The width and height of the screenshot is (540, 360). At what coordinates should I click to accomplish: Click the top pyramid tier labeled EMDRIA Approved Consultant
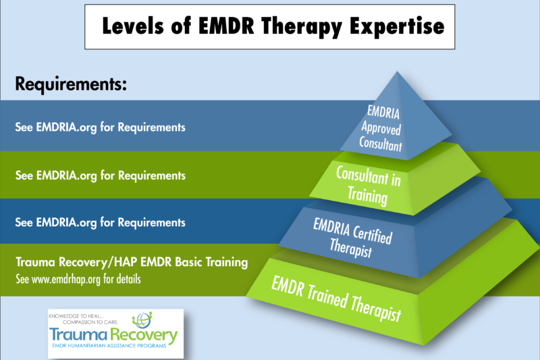(381, 125)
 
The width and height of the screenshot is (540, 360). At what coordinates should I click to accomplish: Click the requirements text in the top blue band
(100, 127)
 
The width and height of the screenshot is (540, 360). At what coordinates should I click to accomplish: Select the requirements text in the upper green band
(100, 175)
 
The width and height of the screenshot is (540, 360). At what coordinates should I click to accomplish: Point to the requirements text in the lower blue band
(100, 222)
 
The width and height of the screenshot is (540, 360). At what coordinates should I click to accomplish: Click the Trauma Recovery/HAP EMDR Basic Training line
(132, 262)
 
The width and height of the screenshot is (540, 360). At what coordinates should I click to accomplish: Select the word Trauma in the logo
(82, 335)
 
